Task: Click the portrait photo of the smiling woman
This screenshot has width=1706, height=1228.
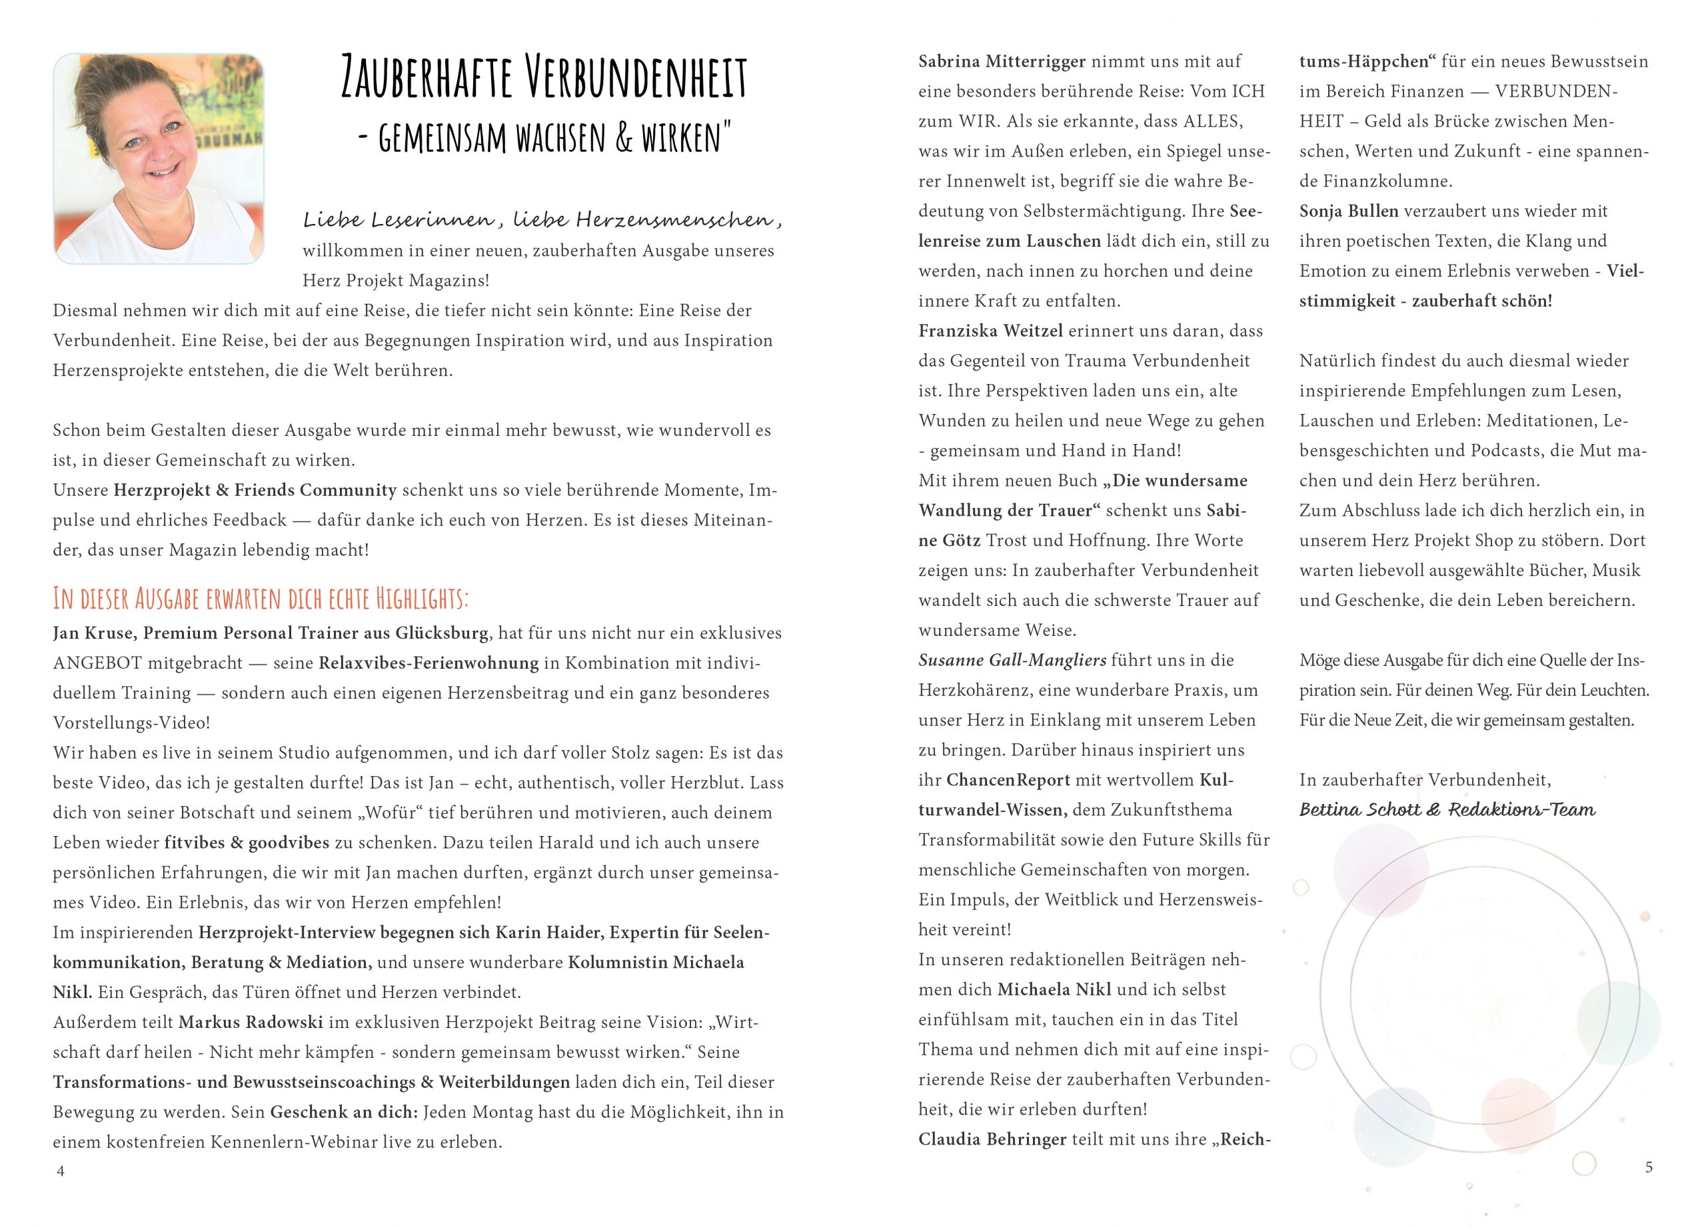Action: click(159, 159)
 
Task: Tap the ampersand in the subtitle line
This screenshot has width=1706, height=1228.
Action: click(624, 139)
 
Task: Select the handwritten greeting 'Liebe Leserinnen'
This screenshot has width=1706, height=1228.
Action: click(398, 220)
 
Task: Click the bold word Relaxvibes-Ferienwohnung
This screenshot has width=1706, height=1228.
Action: click(428, 663)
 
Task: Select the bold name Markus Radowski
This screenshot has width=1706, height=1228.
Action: click(251, 1022)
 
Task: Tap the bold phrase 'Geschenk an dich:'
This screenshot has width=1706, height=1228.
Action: click(344, 1111)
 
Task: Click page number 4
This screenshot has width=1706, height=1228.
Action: click(61, 1171)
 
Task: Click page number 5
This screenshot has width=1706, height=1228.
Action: click(1649, 1167)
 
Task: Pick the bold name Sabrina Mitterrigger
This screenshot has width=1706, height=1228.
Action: click(1002, 62)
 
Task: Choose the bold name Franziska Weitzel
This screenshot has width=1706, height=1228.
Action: click(990, 331)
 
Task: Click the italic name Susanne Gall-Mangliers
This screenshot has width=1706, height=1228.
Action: click(1012, 660)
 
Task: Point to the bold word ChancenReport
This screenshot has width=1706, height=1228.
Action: click(1008, 779)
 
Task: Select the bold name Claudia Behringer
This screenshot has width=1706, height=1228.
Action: click(992, 1139)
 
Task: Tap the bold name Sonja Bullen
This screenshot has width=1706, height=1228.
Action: click(1349, 211)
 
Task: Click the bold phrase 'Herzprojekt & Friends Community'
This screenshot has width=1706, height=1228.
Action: click(255, 490)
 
